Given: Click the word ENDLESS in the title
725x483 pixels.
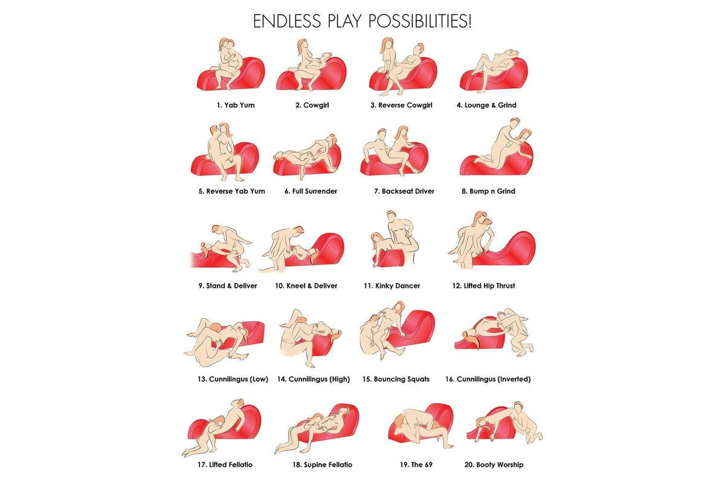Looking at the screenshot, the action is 287,21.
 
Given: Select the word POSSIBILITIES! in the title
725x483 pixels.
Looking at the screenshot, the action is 420,21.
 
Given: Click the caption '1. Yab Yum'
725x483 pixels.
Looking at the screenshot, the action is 236,105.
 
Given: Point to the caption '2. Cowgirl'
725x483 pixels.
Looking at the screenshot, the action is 312,105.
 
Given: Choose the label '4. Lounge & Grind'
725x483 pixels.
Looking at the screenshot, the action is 486,105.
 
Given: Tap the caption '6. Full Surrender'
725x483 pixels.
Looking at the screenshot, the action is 311,191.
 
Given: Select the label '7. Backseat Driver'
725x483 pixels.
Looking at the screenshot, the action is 404,191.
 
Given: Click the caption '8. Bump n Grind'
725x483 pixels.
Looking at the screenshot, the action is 488,191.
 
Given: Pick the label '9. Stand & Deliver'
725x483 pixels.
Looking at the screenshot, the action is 228,286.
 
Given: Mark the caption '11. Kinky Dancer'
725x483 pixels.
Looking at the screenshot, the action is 392,286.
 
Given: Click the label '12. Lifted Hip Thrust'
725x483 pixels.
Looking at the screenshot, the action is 483,286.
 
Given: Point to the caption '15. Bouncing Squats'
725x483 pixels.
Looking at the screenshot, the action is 396,379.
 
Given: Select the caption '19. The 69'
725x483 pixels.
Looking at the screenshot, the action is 416,465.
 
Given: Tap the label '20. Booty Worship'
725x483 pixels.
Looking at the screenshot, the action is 494,465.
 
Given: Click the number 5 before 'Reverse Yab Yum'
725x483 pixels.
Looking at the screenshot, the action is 201,191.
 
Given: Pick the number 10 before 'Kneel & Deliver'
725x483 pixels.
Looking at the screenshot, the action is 279,286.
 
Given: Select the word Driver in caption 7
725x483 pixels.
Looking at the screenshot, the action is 422,191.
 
